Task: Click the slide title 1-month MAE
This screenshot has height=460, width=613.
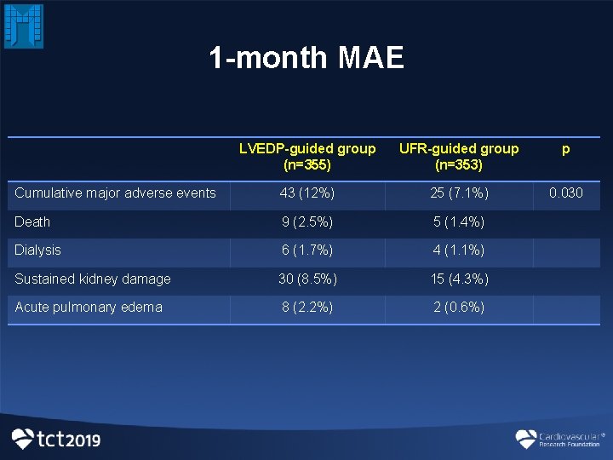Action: [306, 58]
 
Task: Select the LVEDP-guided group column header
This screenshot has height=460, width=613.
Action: [307, 157]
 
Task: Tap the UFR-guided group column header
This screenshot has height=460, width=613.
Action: [459, 157]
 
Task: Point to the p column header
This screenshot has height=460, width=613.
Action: [566, 149]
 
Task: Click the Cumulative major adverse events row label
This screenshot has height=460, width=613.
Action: [116, 193]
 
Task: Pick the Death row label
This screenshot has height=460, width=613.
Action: [32, 221]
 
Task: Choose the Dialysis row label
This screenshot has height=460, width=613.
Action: [38, 250]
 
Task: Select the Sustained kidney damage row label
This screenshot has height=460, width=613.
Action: [93, 279]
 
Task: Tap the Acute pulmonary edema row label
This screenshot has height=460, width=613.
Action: [89, 307]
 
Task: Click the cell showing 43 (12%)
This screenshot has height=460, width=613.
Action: [307, 193]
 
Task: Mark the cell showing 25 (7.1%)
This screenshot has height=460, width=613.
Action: [459, 193]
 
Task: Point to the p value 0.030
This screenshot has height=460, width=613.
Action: [566, 193]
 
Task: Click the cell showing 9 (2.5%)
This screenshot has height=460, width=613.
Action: [307, 221]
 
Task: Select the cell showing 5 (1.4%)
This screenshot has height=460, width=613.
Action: [459, 221]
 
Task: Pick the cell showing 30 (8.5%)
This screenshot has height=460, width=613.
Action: [307, 279]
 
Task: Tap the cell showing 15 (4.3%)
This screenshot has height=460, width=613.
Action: [459, 279]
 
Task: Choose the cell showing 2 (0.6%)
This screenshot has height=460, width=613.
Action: [459, 308]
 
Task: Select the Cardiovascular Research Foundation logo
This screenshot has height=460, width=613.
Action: [560, 439]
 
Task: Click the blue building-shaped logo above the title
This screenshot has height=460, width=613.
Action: [24, 26]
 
